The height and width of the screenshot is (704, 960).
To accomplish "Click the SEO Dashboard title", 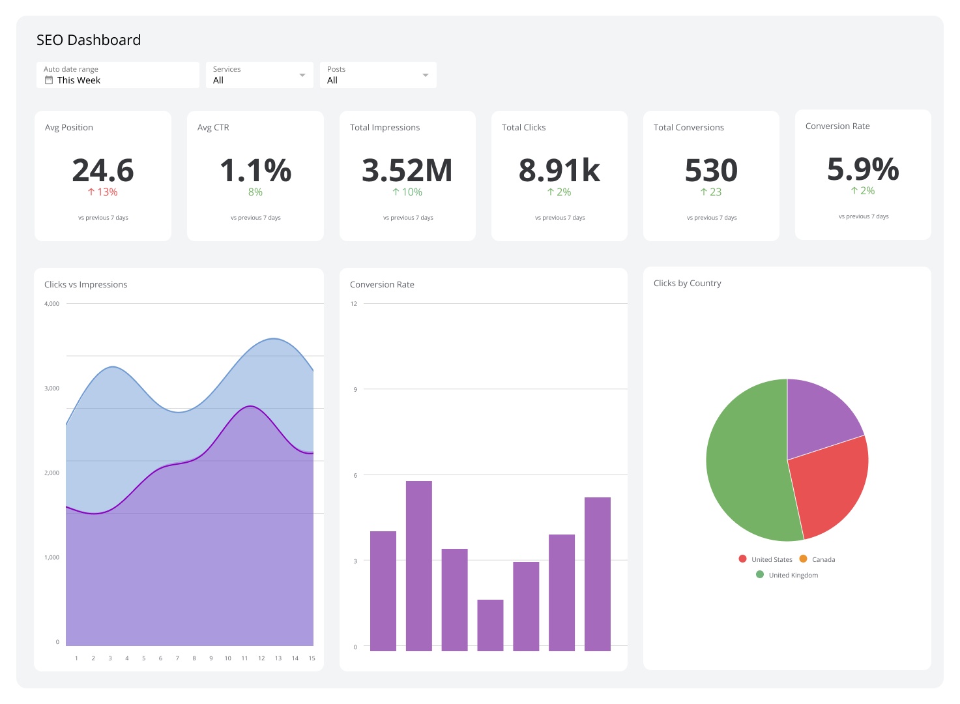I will click(x=89, y=40).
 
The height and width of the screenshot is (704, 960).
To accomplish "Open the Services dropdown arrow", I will click(x=302, y=75).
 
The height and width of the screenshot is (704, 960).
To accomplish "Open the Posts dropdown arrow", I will click(x=425, y=75).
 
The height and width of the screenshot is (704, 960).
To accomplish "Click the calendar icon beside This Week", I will click(x=49, y=80).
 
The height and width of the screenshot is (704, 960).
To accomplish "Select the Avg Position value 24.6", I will click(x=103, y=170).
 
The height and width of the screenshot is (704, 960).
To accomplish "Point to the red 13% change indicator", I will click(x=103, y=192).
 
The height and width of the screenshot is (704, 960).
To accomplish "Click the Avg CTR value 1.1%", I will click(x=255, y=170).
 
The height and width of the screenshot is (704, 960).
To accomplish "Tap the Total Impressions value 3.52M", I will click(x=407, y=170).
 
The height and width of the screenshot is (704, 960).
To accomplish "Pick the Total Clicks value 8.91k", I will click(x=559, y=170).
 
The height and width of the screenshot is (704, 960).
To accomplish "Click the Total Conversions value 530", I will click(x=711, y=170).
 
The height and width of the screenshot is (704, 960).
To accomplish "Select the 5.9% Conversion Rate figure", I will click(x=863, y=169).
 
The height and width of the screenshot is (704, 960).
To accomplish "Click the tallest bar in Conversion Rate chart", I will click(x=418, y=566).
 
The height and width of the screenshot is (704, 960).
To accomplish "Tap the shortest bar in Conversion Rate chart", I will click(x=490, y=625).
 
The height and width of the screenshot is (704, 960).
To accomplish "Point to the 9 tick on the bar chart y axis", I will click(x=355, y=389).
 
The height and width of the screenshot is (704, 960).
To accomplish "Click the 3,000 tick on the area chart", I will click(x=51, y=389).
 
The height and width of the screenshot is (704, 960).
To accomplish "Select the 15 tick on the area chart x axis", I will click(x=312, y=658).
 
